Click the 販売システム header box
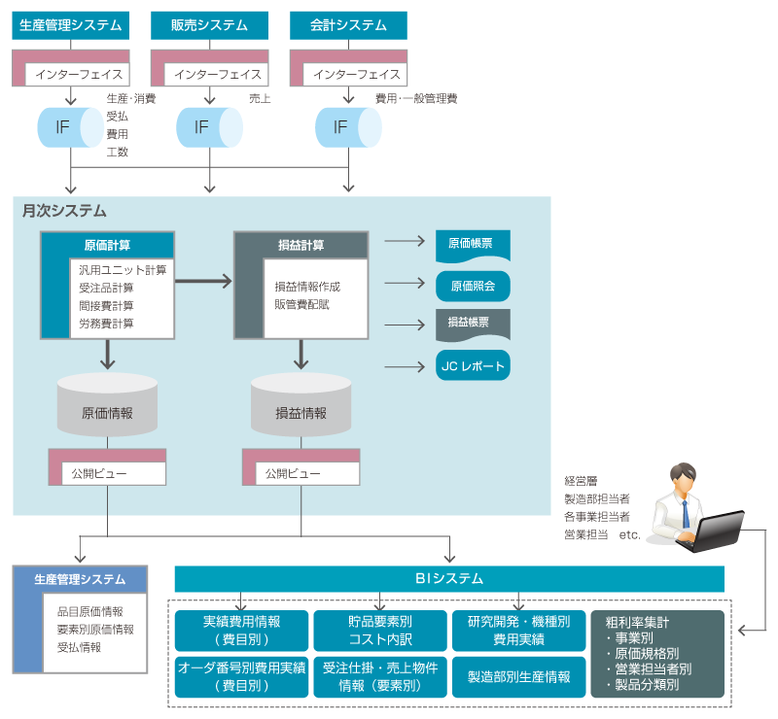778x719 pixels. point(210,25)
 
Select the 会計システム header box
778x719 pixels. point(348,25)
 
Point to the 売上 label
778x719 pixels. point(260,98)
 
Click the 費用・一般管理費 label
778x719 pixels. point(415,98)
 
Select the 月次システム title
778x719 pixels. point(64,210)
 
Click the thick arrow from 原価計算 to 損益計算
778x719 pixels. point(204,281)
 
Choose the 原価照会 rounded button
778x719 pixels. point(473,286)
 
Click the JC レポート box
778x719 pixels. point(473,366)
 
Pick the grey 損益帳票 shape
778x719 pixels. point(473,325)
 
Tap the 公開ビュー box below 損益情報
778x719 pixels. point(301,473)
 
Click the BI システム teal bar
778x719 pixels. point(449,579)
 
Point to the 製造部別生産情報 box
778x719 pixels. point(519,676)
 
